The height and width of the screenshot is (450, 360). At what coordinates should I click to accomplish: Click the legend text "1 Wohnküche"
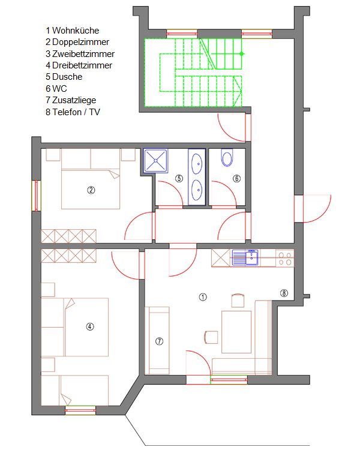[x=73, y=31]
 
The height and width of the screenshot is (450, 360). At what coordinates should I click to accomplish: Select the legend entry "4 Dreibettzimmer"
[x=79, y=65]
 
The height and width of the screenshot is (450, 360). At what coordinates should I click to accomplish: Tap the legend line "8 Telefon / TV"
[x=73, y=112]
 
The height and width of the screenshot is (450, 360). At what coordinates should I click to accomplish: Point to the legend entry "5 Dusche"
[x=64, y=77]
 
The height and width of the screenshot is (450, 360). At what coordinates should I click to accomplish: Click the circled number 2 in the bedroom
[x=91, y=190]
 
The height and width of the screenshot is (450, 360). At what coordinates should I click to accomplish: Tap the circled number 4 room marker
[x=90, y=326]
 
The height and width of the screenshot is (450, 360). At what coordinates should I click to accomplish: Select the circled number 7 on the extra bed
[x=159, y=341]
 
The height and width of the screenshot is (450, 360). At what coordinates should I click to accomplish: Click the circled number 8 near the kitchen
[x=284, y=293]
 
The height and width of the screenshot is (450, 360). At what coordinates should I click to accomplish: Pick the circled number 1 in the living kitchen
[x=203, y=297]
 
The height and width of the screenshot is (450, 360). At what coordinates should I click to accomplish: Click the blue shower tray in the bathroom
[x=155, y=161]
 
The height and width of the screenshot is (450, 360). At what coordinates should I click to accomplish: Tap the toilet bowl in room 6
[x=227, y=158]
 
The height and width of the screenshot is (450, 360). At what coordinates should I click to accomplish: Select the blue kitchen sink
[x=245, y=257]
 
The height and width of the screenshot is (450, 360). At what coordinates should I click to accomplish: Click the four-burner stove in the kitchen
[x=285, y=258]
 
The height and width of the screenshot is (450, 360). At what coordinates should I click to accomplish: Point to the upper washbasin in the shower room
[x=197, y=164]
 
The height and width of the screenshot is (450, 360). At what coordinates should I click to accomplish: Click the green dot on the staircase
[x=241, y=53]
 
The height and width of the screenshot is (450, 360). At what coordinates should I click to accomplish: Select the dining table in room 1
[x=236, y=332]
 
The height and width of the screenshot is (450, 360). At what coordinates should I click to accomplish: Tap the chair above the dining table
[x=238, y=301]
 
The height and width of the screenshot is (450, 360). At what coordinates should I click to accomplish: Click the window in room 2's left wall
[x=36, y=196]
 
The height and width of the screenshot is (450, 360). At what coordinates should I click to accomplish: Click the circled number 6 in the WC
[x=236, y=179]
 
